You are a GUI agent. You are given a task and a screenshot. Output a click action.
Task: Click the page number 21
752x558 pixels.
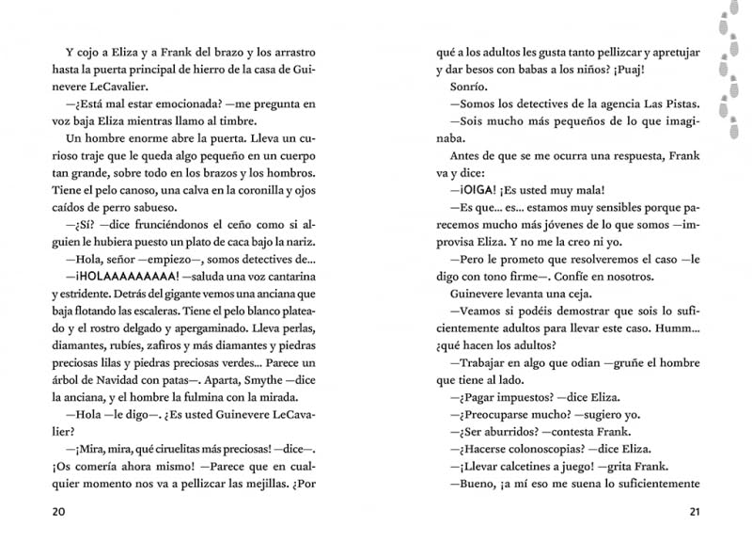click(x=695, y=512)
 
